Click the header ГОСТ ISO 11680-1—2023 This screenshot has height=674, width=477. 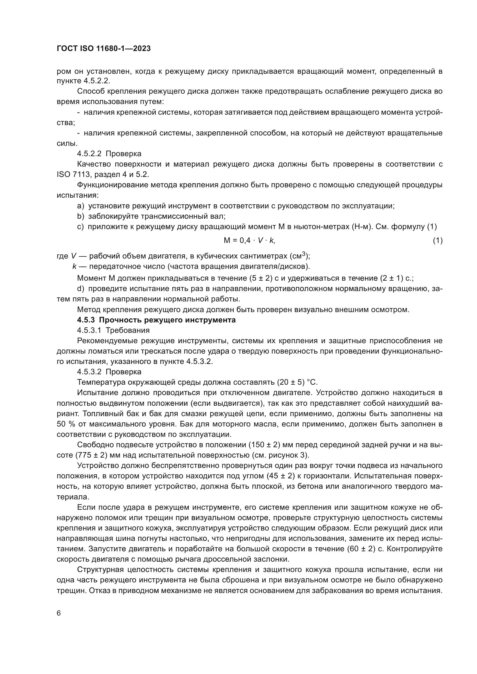coord(104,49)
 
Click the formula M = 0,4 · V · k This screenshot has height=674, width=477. coord(249,240)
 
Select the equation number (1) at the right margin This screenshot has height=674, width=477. coord(437,240)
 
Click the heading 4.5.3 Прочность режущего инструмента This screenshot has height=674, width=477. coord(156,320)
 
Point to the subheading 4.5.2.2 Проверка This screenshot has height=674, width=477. coord(109,154)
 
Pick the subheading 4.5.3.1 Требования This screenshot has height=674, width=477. coord(113,330)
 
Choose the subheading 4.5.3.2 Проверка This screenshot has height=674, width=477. coord(109,372)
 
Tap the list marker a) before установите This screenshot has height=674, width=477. coord(80,206)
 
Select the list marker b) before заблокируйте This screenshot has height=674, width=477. coord(80,216)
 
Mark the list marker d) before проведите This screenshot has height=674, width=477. coord(80,288)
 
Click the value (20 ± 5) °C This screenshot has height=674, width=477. coord(297,382)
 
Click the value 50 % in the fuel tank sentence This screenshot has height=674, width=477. coord(65,424)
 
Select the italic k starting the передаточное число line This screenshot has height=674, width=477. coord(75,267)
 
